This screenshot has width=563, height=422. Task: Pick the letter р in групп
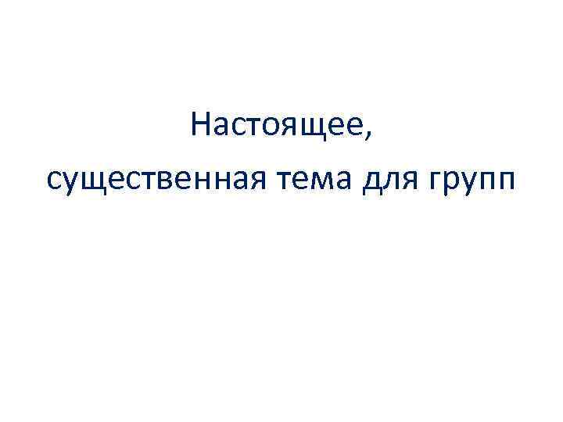451,184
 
